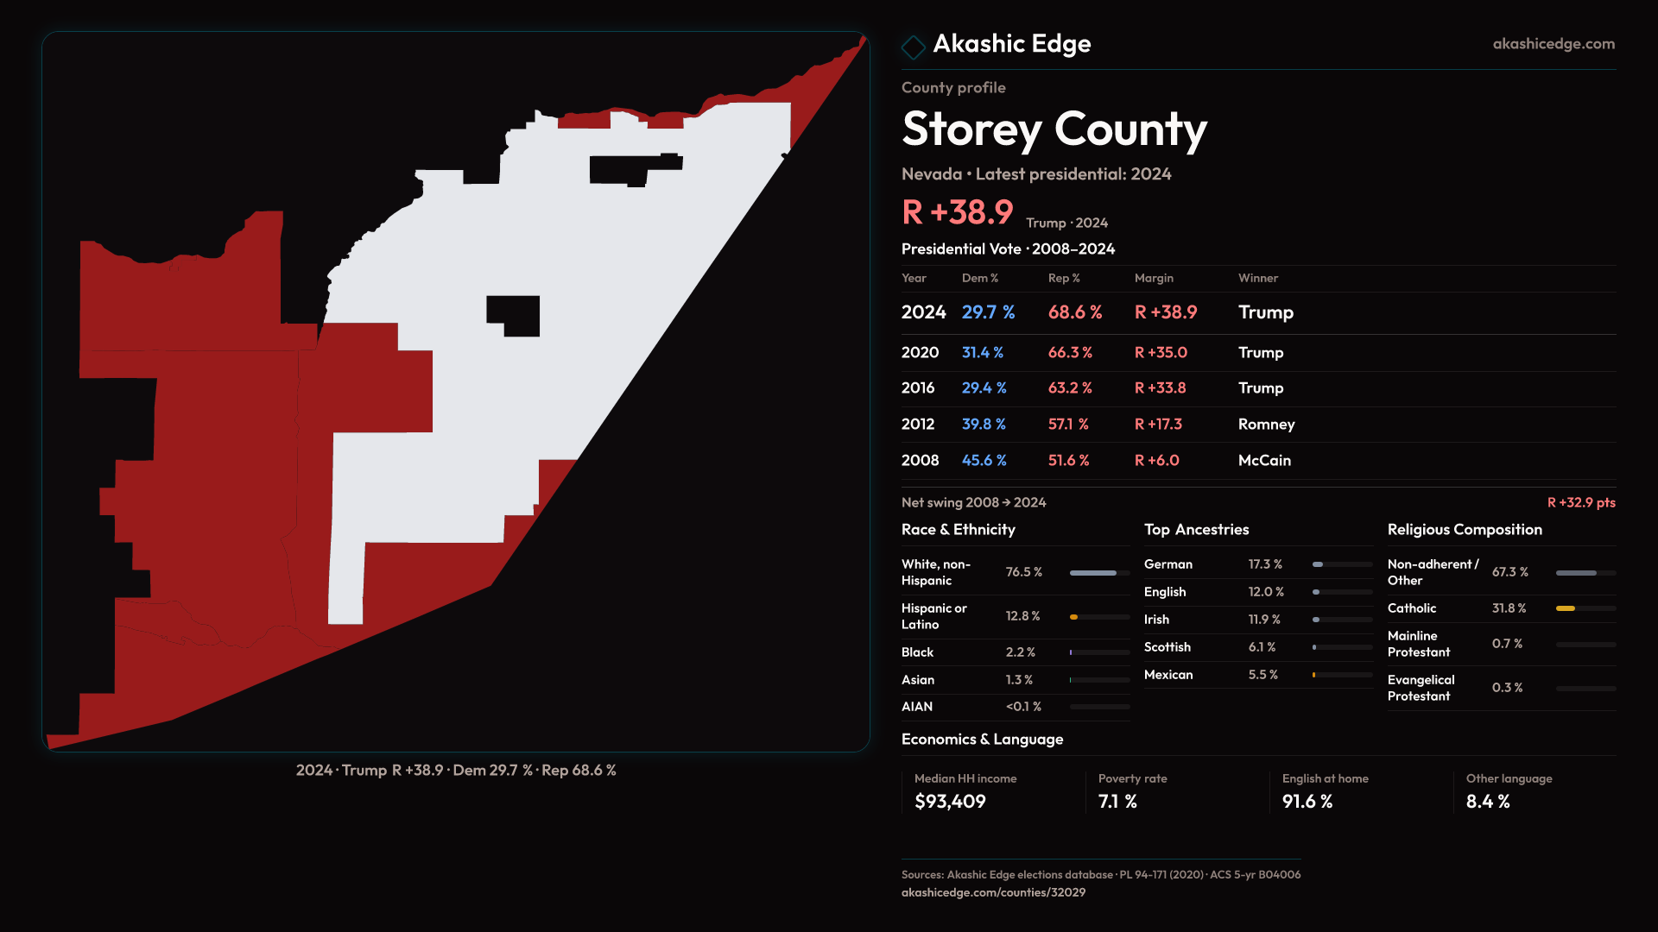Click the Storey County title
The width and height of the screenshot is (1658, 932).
pos(1054,129)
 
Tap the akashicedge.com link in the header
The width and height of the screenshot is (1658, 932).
pos(1553,44)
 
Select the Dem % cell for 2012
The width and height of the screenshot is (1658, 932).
pos(984,425)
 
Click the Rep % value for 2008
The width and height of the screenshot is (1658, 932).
pos(1068,461)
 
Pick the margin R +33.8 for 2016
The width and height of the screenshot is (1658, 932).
pos(1160,388)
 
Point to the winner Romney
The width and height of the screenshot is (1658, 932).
pos(1266,425)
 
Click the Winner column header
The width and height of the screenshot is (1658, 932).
pos(1257,278)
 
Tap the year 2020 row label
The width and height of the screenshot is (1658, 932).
pos(920,353)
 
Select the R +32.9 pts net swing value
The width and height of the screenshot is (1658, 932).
pos(1580,503)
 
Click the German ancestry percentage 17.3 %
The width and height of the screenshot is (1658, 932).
pos(1265,564)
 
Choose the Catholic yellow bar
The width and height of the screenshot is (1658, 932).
pos(1565,608)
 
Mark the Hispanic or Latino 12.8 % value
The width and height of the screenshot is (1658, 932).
pos(1022,616)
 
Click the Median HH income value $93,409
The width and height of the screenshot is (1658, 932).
pos(950,802)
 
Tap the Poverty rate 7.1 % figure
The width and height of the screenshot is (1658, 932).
pos(1117,802)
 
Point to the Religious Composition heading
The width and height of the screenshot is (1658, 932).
pos(1465,530)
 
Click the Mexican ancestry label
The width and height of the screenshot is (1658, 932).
pos(1168,675)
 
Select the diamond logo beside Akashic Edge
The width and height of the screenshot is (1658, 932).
pos(913,47)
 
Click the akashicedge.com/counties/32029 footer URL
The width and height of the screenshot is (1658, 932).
pos(993,892)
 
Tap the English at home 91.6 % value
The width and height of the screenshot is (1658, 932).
pos(1307,802)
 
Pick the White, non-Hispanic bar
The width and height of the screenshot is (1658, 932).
pos(1092,573)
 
